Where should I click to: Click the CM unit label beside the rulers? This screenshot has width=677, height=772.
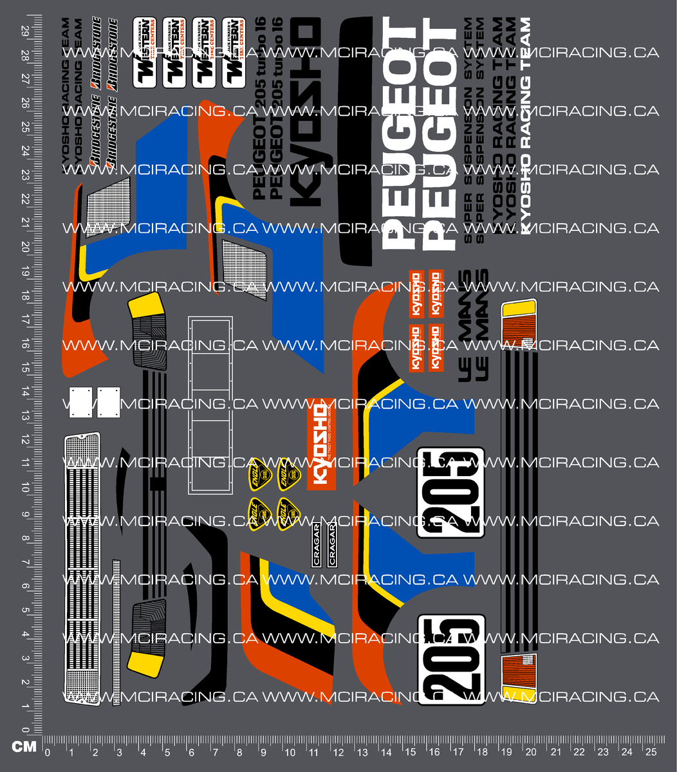pyautogui.click(x=24, y=746)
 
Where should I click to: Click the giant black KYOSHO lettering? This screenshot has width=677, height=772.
pyautogui.click(x=306, y=113)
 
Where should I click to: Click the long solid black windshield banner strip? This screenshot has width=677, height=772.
pyautogui.click(x=355, y=142)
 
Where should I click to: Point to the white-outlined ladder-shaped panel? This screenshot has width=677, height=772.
pyautogui.click(x=210, y=405)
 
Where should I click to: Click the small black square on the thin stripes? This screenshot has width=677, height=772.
pyautogui.click(x=154, y=484)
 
